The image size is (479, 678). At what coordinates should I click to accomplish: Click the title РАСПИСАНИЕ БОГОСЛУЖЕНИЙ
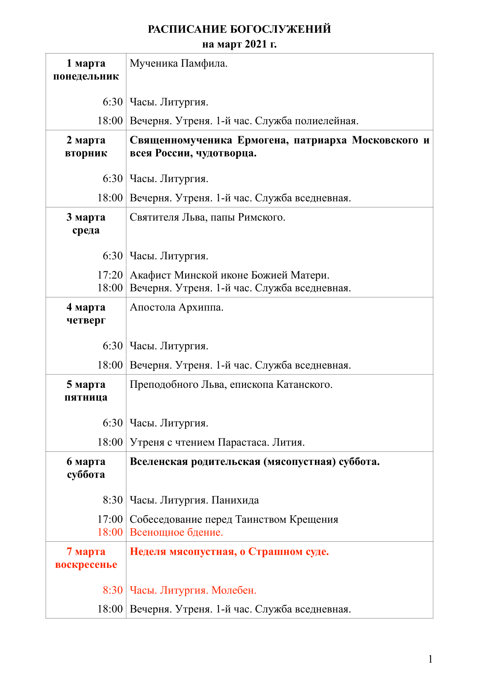pos(239,29)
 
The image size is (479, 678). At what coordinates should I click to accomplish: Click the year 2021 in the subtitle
pos(256,44)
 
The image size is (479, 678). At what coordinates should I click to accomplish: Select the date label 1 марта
pos(86,63)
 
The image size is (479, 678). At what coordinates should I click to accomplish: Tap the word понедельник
pos(86,76)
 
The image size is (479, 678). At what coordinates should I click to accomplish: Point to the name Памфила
pos(204,63)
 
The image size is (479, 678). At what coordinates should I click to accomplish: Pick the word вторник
pos(86,153)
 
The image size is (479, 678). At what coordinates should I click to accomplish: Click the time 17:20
pos(110,275)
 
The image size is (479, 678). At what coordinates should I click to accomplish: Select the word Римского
pos(261,217)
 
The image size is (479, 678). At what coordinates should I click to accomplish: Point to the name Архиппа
pos(201,307)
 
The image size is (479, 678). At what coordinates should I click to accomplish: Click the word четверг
pos(86,320)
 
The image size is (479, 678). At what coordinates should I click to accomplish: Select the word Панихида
pos(235,500)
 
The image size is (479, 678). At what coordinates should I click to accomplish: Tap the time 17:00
pos(110,519)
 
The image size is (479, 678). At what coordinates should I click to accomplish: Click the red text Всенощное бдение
pos(176,532)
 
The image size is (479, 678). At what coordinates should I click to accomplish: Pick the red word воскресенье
pos(86,564)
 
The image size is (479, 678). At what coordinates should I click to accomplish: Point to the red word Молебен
pos(234,590)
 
